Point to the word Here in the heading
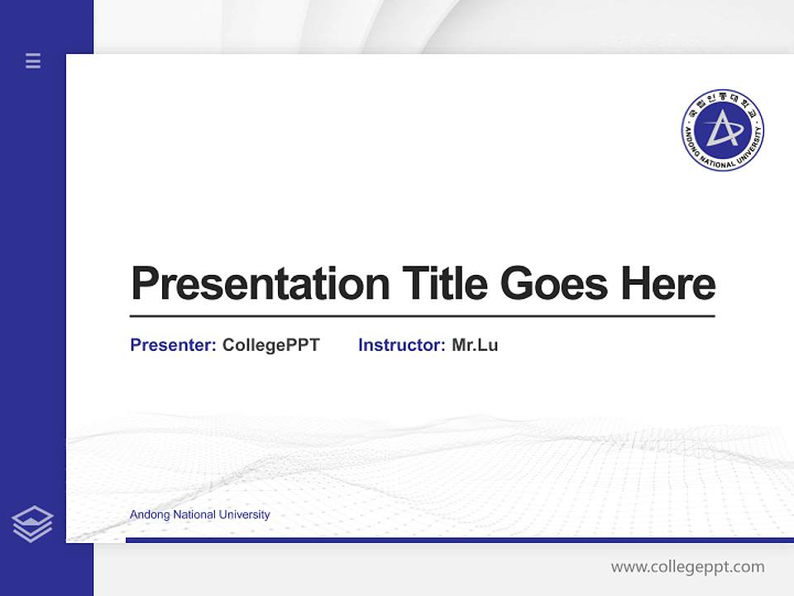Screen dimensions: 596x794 tap(668, 284)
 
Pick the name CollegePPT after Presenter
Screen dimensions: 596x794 tap(270, 345)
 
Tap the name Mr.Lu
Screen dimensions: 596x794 tap(475, 345)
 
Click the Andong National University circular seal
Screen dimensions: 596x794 tap(722, 131)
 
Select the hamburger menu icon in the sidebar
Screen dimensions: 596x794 tap(33, 60)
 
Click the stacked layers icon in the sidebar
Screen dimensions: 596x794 tap(32, 524)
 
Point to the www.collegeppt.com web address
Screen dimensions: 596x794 tap(687, 567)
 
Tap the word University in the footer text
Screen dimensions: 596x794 tap(246, 515)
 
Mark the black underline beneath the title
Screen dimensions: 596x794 tap(422, 316)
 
